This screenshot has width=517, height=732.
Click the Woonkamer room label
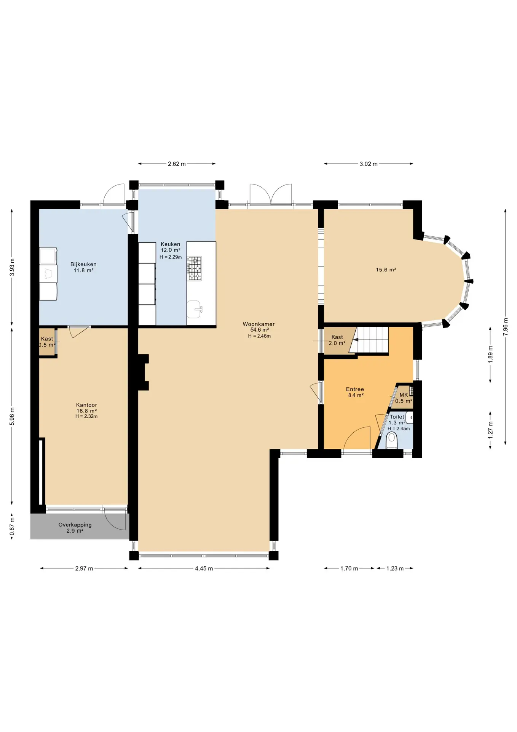(258, 324)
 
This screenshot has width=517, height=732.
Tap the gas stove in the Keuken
(194, 268)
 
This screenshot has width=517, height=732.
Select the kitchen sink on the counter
(194, 309)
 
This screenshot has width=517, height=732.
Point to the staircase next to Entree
(369, 340)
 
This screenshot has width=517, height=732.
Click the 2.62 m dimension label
(177, 164)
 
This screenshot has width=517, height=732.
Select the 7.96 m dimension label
(506, 327)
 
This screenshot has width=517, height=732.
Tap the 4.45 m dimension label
(204, 568)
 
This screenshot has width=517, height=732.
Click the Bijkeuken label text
(83, 264)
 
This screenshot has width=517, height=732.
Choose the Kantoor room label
(86, 405)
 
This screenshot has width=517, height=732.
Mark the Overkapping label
(75, 525)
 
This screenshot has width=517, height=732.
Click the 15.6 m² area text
(386, 270)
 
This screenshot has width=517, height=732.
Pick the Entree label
(355, 389)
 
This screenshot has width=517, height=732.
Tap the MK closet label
(404, 395)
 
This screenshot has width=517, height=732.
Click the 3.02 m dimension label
(369, 164)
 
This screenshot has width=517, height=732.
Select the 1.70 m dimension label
(349, 568)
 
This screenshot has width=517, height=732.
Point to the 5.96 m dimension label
(12, 416)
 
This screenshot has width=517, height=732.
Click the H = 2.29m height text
(171, 257)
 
